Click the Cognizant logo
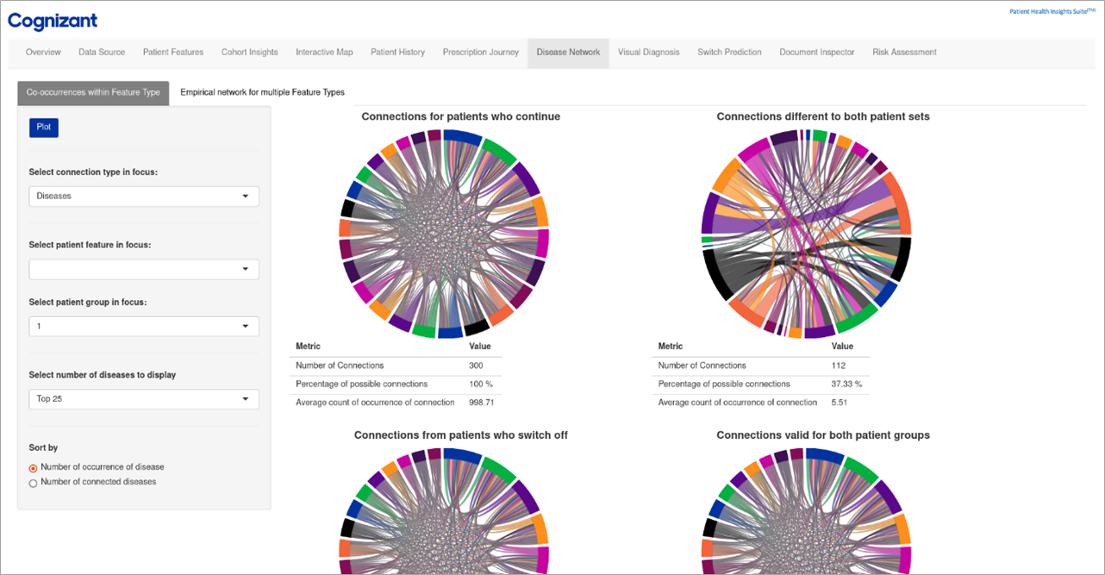(53, 21)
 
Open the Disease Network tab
(568, 53)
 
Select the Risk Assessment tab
(904, 53)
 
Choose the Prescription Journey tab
(480, 53)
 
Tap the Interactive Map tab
(324, 53)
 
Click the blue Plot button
(43, 128)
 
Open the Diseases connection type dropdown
(144, 197)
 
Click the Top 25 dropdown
(144, 399)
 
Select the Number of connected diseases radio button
(34, 483)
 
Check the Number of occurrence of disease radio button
(34, 468)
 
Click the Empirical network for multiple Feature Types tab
(262, 92)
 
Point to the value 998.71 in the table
(481, 403)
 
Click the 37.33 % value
(846, 384)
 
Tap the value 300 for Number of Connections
(476, 366)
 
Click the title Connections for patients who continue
(460, 116)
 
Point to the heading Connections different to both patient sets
(822, 116)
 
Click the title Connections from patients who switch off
(460, 435)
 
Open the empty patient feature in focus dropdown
(144, 270)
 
